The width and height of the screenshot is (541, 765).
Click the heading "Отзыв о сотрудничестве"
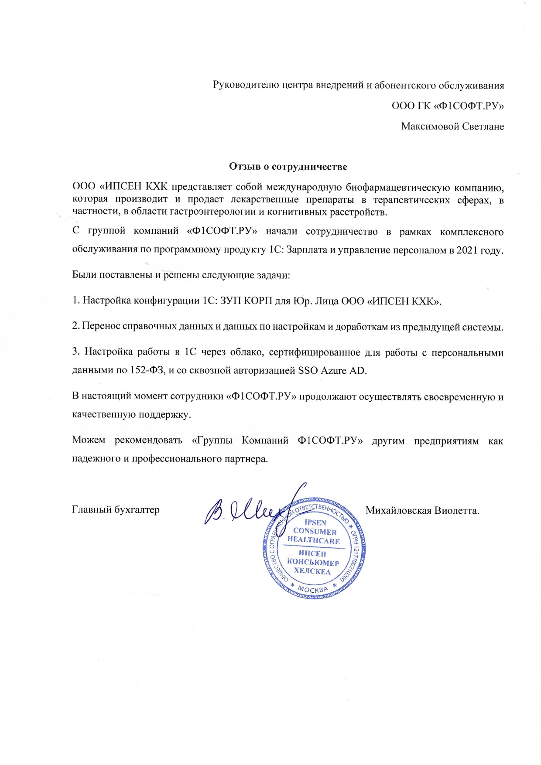pyautogui.click(x=288, y=167)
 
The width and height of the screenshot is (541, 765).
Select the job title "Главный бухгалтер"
pyautogui.click(x=116, y=509)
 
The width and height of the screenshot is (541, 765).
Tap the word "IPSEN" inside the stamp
pyautogui.click(x=315, y=523)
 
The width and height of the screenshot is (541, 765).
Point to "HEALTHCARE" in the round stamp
pyautogui.click(x=313, y=541)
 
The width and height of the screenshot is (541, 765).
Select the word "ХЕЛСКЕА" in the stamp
pyautogui.click(x=312, y=571)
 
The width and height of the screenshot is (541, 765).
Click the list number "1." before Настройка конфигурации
pyautogui.click(x=75, y=301)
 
